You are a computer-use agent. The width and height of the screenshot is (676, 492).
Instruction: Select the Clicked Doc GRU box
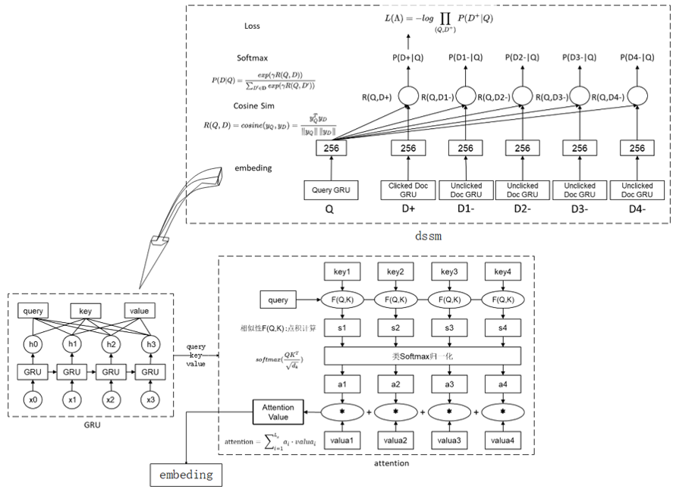pyautogui.click(x=410, y=190)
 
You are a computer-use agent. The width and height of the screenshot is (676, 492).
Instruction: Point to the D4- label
pyautogui.click(x=637, y=209)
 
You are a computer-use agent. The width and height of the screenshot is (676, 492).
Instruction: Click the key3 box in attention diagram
pyautogui.click(x=449, y=272)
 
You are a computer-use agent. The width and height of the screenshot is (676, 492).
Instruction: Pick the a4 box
pyautogui.click(x=503, y=384)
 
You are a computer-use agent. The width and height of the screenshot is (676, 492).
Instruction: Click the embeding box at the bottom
pyautogui.click(x=186, y=475)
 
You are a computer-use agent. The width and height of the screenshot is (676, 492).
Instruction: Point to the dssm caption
pyautogui.click(x=429, y=237)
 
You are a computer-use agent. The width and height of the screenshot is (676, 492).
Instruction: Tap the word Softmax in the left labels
pyautogui.click(x=253, y=58)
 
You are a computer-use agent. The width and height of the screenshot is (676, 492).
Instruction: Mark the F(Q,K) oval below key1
pyautogui.click(x=341, y=300)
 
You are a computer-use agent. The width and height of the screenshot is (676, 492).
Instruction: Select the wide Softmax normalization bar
pyautogui.click(x=422, y=356)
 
